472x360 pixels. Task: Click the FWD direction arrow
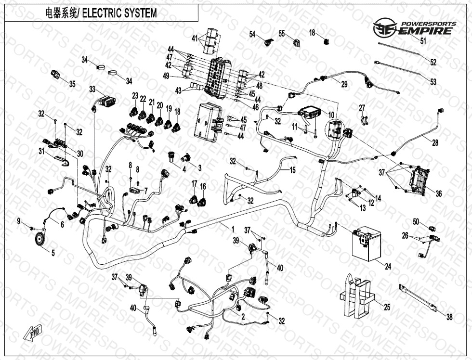click(x=31, y=333)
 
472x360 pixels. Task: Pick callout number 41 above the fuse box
click(x=195, y=39)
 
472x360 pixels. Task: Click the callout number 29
click(x=344, y=85)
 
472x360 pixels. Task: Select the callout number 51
click(x=423, y=41)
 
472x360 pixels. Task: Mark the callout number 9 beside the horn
click(x=19, y=221)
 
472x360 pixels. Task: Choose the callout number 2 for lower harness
click(x=243, y=317)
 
